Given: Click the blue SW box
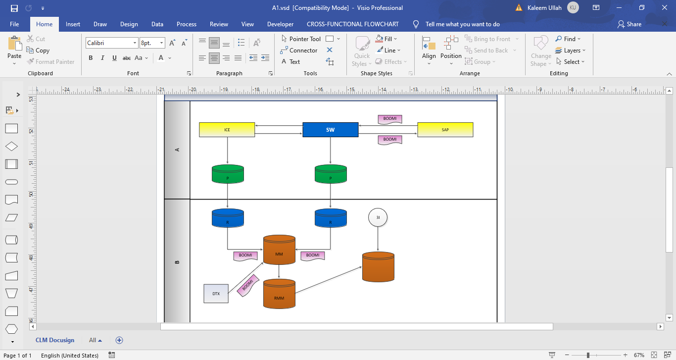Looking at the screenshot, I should click(330, 130).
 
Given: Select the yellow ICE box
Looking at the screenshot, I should click(227, 130).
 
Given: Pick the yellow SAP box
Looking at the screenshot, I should click(445, 130).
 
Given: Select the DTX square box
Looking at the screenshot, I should click(216, 294).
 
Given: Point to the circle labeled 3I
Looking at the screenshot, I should click(378, 217).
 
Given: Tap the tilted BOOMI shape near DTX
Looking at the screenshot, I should click(248, 286).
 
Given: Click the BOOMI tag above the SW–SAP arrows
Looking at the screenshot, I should click(390, 119).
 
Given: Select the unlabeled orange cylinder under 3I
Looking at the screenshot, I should click(378, 267).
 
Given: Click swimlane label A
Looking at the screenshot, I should click(177, 150).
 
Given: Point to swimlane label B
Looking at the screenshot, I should click(177, 261).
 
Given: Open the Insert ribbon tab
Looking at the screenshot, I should click(73, 24).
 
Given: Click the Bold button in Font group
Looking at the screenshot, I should click(91, 58).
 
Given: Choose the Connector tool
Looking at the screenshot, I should click(299, 51).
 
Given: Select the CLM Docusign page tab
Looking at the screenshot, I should click(55, 340).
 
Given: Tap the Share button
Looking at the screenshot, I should click(629, 24).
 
